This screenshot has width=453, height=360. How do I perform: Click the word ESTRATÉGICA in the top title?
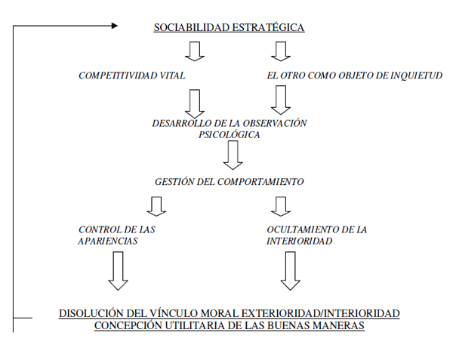point(268,27)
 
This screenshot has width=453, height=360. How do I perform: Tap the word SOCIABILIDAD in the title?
point(191,27)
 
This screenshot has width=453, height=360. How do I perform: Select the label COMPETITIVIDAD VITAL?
point(131,75)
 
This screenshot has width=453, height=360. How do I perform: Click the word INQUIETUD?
point(416,75)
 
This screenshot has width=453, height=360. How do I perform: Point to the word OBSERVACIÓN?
point(275,123)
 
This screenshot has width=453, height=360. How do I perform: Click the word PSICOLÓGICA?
point(229,135)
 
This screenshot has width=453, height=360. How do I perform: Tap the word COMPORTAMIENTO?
point(260,182)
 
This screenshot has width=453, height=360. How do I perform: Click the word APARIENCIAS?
point(108,241)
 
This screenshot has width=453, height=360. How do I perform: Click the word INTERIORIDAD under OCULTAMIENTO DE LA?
point(299,241)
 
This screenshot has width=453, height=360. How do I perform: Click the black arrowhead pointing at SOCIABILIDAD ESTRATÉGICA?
point(115,26)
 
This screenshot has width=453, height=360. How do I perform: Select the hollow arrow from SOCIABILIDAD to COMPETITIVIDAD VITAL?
point(195,51)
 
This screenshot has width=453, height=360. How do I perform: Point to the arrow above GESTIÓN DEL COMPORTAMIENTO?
point(233,155)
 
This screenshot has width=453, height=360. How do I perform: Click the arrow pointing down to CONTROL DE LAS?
point(156,207)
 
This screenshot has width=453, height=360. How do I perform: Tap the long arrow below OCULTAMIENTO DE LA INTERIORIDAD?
point(291,271)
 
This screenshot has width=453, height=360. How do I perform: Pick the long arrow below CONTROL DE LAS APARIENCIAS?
point(118,271)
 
